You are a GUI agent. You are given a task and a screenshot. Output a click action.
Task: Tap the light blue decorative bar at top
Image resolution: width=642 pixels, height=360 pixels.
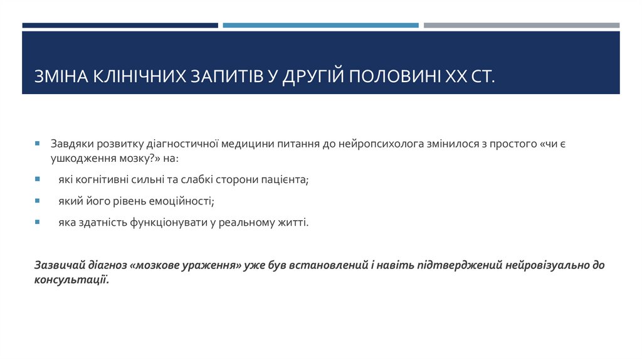320,26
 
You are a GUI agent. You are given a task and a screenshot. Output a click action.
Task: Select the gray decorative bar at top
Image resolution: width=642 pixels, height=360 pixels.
521,26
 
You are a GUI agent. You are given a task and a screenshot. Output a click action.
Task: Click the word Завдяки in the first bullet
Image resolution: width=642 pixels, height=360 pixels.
71,144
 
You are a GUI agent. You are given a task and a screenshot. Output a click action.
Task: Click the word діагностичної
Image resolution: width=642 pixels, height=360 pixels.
186,144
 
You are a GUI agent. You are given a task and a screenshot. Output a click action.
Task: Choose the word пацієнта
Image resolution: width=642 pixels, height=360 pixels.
285,179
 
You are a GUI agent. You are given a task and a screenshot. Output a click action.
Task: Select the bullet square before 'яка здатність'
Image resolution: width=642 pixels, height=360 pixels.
37,223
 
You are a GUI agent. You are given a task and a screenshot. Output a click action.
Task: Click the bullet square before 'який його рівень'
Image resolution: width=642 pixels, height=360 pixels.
37,201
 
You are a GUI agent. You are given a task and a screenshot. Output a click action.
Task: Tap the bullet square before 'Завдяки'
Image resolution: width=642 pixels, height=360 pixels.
37,144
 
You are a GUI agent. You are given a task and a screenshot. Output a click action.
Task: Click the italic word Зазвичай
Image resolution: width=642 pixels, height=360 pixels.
57,265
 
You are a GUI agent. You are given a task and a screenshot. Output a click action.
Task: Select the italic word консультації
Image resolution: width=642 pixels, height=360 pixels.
71,280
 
